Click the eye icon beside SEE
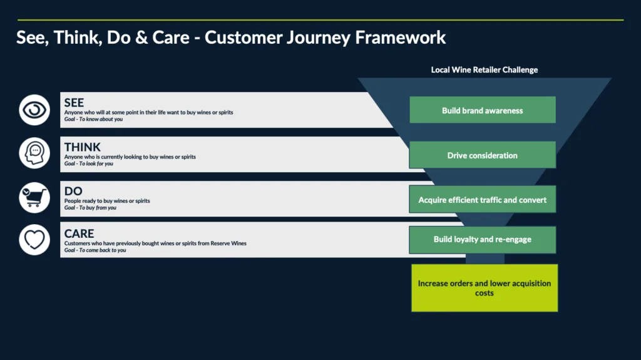tap(34, 110)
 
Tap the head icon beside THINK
tap(34, 153)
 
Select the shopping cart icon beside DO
tap(34, 197)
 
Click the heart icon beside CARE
tap(34, 240)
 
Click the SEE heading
tap(74, 103)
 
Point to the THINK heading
tap(82, 147)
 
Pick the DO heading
tap(73, 191)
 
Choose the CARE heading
tap(79, 234)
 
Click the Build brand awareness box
tap(482, 110)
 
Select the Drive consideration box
tap(482, 155)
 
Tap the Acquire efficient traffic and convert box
tap(482, 200)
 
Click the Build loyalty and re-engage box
tap(482, 239)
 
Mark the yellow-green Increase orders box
tap(484, 288)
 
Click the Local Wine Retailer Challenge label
tap(484, 70)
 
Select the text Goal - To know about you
tap(93, 119)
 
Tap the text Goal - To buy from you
tap(90, 208)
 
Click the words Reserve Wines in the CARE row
tap(229, 243)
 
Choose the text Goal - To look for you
tap(89, 163)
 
